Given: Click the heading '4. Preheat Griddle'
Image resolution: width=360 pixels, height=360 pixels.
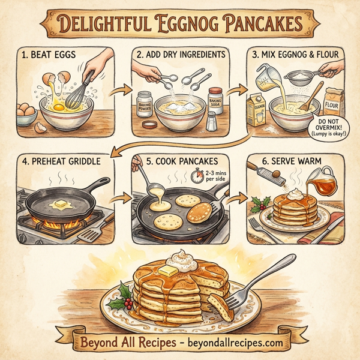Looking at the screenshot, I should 60,163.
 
